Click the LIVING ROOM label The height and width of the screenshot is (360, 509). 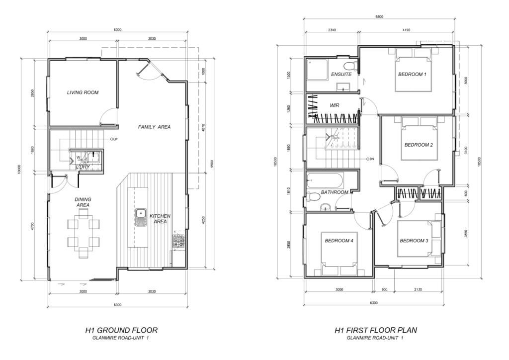tap(83, 92)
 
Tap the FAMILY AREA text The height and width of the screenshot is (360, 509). tap(154, 127)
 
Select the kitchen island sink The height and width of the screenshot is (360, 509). tap(141, 217)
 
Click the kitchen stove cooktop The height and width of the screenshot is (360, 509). tap(178, 241)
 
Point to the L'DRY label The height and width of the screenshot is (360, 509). tap(83, 167)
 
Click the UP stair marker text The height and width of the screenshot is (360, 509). tap(115, 139)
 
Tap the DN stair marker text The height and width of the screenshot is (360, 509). tap(372, 159)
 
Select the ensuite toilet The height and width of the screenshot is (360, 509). tap(350, 65)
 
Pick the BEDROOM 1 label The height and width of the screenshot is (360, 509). tap(412, 75)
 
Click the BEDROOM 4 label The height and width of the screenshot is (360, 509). tap(339, 241)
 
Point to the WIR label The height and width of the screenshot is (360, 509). tap(335, 105)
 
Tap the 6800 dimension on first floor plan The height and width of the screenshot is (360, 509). tap(379, 17)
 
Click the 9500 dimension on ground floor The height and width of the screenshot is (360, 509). tap(212, 164)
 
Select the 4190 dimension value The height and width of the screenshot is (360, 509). tap(406, 30)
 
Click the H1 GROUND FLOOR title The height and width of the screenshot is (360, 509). tap(121, 331)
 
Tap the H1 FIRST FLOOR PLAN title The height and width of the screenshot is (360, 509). tap(376, 331)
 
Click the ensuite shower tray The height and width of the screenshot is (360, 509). tap(317, 70)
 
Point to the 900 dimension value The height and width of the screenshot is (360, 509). tap(384, 289)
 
